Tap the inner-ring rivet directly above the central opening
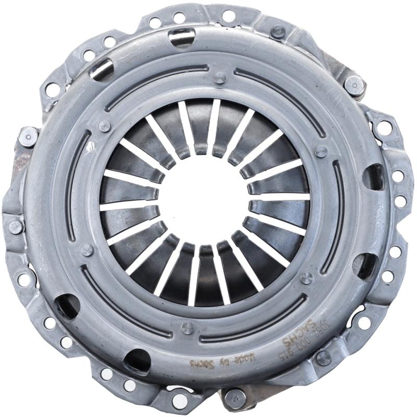coord(219,78)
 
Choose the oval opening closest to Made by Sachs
coord(138,360)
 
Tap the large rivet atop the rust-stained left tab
coord(27,137)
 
